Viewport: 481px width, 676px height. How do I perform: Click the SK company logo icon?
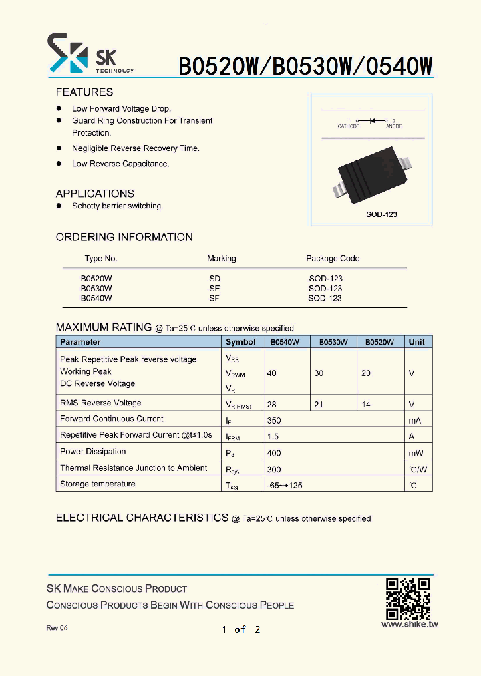point(67,53)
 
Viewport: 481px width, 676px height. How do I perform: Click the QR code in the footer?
point(407,599)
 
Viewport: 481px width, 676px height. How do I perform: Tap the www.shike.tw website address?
point(410,625)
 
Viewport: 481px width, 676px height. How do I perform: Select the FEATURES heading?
point(84,92)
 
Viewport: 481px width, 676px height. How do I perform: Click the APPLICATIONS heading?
point(95,194)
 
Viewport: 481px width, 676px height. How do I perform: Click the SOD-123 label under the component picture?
point(381,214)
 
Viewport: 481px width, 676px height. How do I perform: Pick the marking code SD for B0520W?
point(214,278)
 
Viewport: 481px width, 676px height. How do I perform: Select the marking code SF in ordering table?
point(214,298)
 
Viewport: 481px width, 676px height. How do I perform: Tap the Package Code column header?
point(333,259)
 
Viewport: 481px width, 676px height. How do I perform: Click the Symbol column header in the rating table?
point(240,342)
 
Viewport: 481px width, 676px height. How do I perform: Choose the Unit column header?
point(416,342)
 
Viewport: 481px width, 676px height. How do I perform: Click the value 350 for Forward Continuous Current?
point(274,420)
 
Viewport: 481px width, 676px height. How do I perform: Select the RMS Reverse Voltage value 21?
point(319,404)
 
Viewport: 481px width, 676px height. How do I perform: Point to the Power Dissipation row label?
point(93,452)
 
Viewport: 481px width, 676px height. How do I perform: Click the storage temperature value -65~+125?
point(284,485)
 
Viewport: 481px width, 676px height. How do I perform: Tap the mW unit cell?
point(416,453)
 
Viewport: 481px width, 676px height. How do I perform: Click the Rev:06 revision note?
point(57,628)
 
